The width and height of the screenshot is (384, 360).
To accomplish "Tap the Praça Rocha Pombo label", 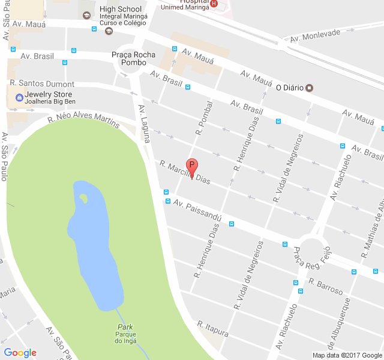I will [x=133, y=59].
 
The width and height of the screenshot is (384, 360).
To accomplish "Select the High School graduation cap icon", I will [x=87, y=14].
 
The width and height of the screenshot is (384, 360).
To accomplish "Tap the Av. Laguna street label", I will [x=145, y=123].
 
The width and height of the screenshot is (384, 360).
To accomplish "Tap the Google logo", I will [x=20, y=353].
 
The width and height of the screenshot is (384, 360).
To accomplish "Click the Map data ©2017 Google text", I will [x=347, y=355].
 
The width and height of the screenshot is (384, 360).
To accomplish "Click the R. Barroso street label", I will [x=326, y=287].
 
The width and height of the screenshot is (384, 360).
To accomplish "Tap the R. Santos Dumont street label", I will [x=42, y=84].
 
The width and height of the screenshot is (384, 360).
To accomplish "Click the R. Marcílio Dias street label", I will [x=185, y=173].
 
